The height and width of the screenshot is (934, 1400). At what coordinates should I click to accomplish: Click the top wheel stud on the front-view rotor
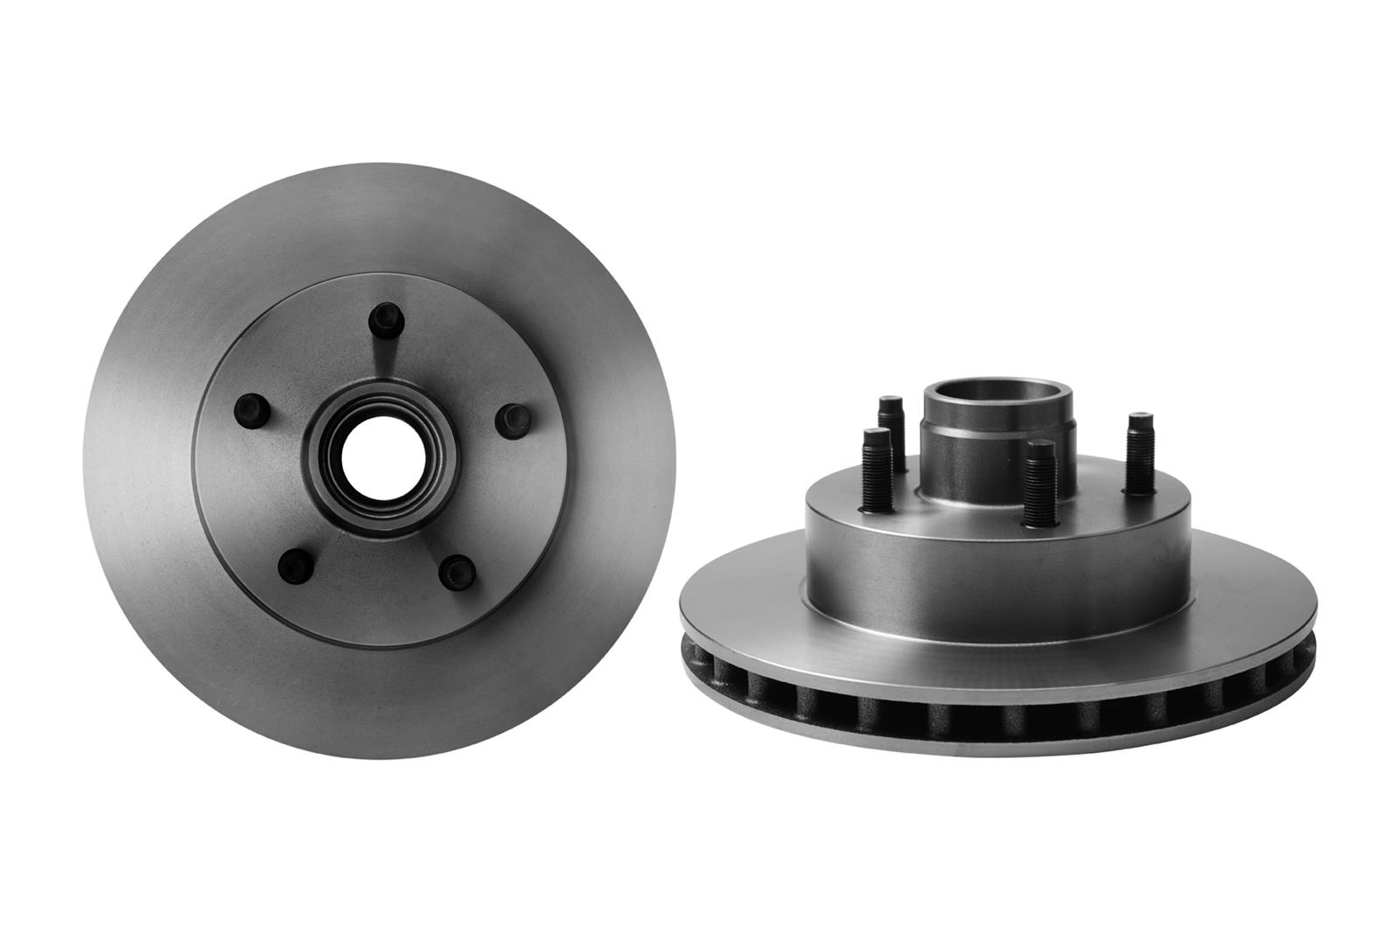tap(383, 321)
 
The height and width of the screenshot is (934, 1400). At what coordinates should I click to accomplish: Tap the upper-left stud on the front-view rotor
tap(251, 407)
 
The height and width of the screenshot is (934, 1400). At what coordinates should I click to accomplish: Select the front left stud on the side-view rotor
tap(876, 472)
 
